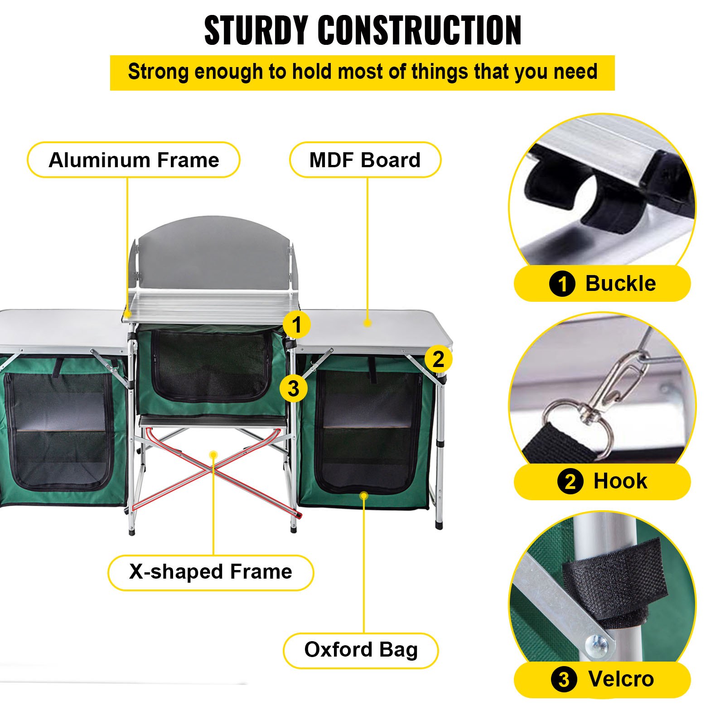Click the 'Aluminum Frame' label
pyautogui.click(x=134, y=160)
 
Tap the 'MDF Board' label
pyautogui.click(x=365, y=160)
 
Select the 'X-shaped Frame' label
pyautogui.click(x=211, y=572)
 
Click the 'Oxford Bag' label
pyautogui.click(x=361, y=650)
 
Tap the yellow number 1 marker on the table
pyautogui.click(x=296, y=324)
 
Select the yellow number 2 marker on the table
pyautogui.click(x=438, y=359)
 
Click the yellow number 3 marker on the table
pyautogui.click(x=293, y=388)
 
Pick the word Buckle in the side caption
pyautogui.click(x=620, y=284)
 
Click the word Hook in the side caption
pyautogui.click(x=620, y=481)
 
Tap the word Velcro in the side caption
pyautogui.click(x=621, y=679)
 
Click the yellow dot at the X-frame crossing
pyautogui.click(x=213, y=454)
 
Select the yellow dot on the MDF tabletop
pyautogui.click(x=367, y=323)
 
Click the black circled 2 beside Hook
pyautogui.click(x=570, y=482)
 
